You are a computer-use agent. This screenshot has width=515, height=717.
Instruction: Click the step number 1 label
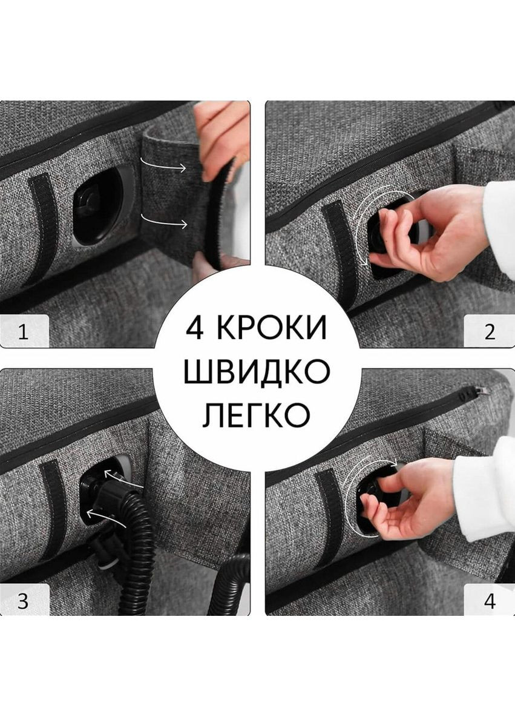click(x=24, y=332)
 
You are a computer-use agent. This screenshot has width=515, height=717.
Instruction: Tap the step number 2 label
click(x=490, y=332)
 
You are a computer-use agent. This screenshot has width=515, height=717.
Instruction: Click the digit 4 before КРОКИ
click(x=194, y=328)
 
